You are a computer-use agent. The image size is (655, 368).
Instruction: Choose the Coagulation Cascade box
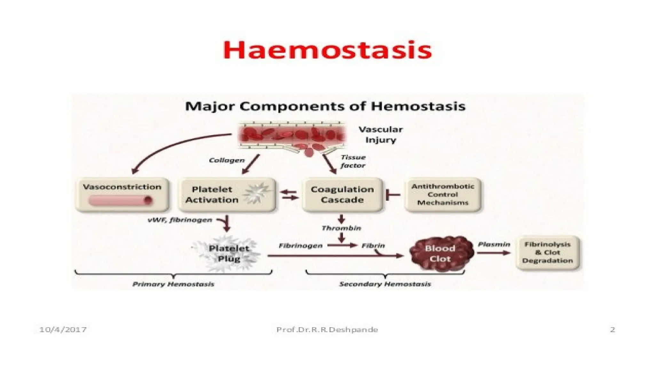coord(342,195)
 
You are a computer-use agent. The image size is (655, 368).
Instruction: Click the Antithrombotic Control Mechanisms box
coord(443,195)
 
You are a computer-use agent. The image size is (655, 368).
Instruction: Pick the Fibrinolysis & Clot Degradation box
coord(548,252)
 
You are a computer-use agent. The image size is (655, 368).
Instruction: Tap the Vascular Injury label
coord(381,134)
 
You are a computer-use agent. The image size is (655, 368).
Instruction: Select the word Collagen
coord(227,160)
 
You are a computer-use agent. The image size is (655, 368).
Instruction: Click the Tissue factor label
coord(353,161)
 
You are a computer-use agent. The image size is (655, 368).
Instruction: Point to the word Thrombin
coord(341,228)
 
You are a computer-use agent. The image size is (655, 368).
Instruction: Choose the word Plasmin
coord(494,244)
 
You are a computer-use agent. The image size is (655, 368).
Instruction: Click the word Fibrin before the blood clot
coord(373,246)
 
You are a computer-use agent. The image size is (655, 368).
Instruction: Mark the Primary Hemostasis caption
coord(173,284)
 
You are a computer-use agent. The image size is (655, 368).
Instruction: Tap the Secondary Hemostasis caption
coord(385,284)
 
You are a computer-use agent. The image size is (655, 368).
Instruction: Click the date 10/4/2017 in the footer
coord(63,329)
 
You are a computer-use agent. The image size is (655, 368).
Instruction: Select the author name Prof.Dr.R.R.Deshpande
coord(327,329)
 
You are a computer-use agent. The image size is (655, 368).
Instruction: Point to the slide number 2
coord(612,329)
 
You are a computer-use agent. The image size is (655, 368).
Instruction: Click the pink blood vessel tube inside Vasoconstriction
coord(120,201)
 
